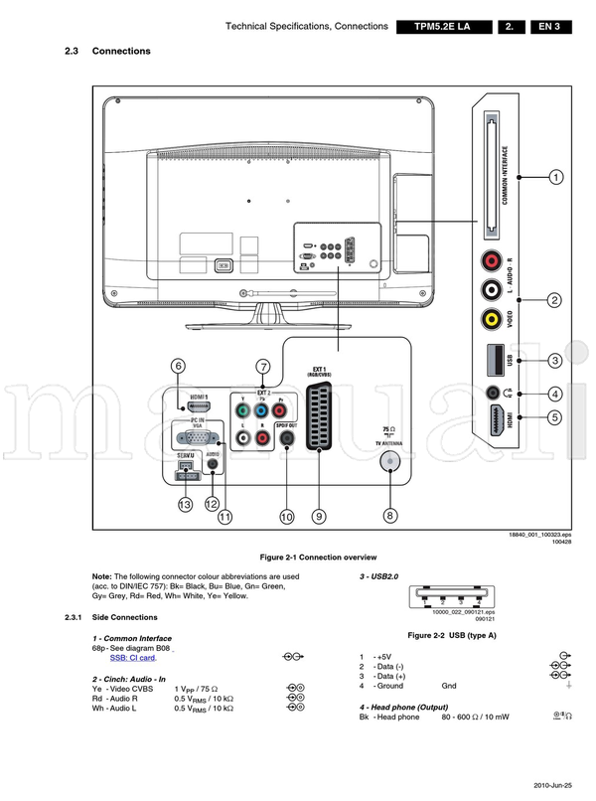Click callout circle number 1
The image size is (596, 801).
pos(555,177)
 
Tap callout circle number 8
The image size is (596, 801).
pos(390,516)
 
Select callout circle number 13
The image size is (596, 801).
pos(185,505)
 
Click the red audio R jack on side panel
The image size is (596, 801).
pos(492,261)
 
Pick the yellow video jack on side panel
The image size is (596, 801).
pos(492,319)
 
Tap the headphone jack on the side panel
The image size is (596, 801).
pos(492,393)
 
